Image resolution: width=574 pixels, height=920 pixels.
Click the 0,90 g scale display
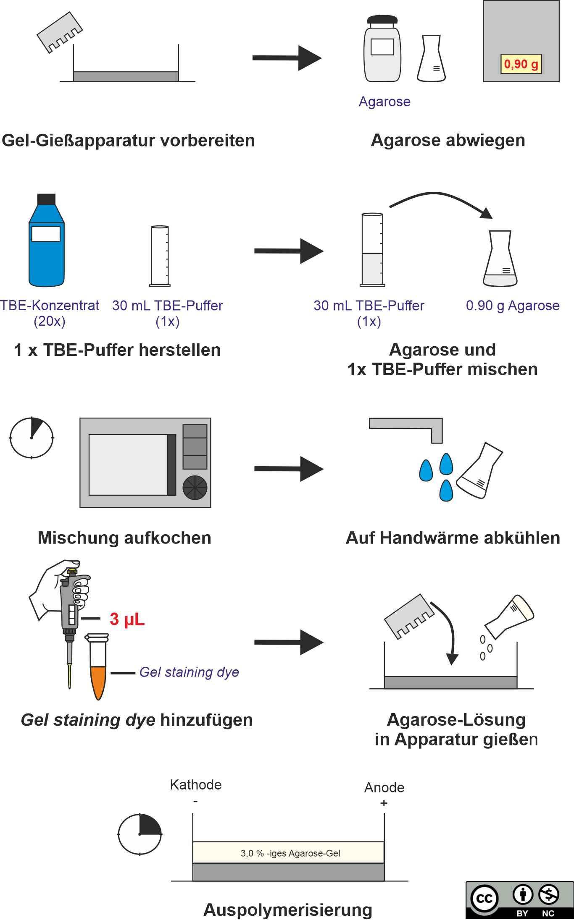pos(521,64)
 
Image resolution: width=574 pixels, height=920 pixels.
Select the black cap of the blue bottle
pos(47,199)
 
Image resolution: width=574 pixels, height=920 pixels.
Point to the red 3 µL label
pos(127,619)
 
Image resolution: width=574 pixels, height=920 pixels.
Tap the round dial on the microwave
pos(195,488)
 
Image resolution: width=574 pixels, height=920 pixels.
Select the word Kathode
pos(196,785)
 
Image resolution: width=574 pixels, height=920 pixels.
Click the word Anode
pos(384,788)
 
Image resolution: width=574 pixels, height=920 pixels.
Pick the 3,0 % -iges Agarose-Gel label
pos(290,853)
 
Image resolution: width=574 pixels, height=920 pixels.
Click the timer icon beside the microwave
pos(32,438)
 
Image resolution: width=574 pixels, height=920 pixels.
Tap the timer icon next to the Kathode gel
pos(140,834)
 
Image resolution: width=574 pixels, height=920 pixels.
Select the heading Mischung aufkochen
pos(124,538)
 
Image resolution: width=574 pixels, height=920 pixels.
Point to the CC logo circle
pos(484,899)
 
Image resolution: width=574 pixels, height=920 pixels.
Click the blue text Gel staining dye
pos(189,672)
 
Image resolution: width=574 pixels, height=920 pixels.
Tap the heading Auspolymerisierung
pos(288,910)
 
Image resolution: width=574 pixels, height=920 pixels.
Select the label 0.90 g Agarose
pos(513,306)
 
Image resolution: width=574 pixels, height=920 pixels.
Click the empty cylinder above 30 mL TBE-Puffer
pos(160,256)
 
